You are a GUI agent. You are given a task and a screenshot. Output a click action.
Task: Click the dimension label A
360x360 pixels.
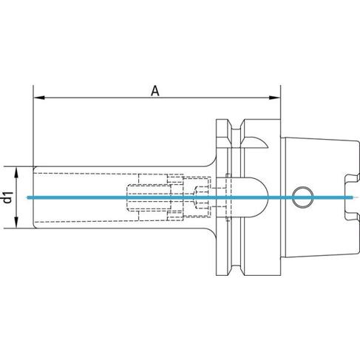(x=155, y=91)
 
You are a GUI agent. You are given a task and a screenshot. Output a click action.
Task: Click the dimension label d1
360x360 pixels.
(x=8, y=197)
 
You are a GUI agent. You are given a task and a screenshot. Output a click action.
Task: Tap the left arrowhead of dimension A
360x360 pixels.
(x=39, y=98)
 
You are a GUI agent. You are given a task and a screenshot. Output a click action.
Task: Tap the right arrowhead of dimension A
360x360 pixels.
(x=274, y=98)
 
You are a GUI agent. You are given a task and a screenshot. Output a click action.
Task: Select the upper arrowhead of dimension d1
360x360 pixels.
(x=16, y=172)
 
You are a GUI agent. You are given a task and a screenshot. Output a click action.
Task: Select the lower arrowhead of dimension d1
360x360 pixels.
(x=16, y=223)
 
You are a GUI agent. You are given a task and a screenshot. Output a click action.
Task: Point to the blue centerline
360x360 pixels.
(x=190, y=197)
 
